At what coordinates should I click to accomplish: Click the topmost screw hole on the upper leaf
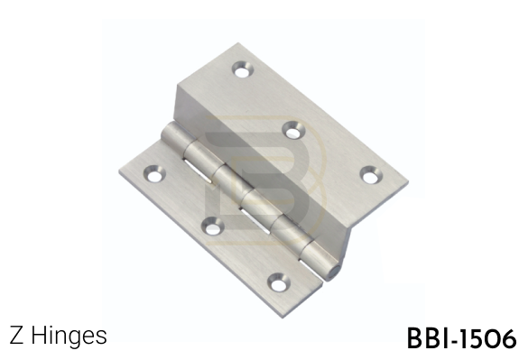click(x=243, y=69)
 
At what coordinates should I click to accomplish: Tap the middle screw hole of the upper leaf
click(x=292, y=130)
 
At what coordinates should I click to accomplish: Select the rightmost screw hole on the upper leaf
click(x=372, y=175)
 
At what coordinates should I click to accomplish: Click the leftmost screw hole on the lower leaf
click(x=154, y=174)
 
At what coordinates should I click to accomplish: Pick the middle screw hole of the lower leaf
click(x=213, y=226)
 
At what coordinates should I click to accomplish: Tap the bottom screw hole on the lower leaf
click(x=279, y=282)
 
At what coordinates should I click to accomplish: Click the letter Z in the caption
click(x=16, y=336)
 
